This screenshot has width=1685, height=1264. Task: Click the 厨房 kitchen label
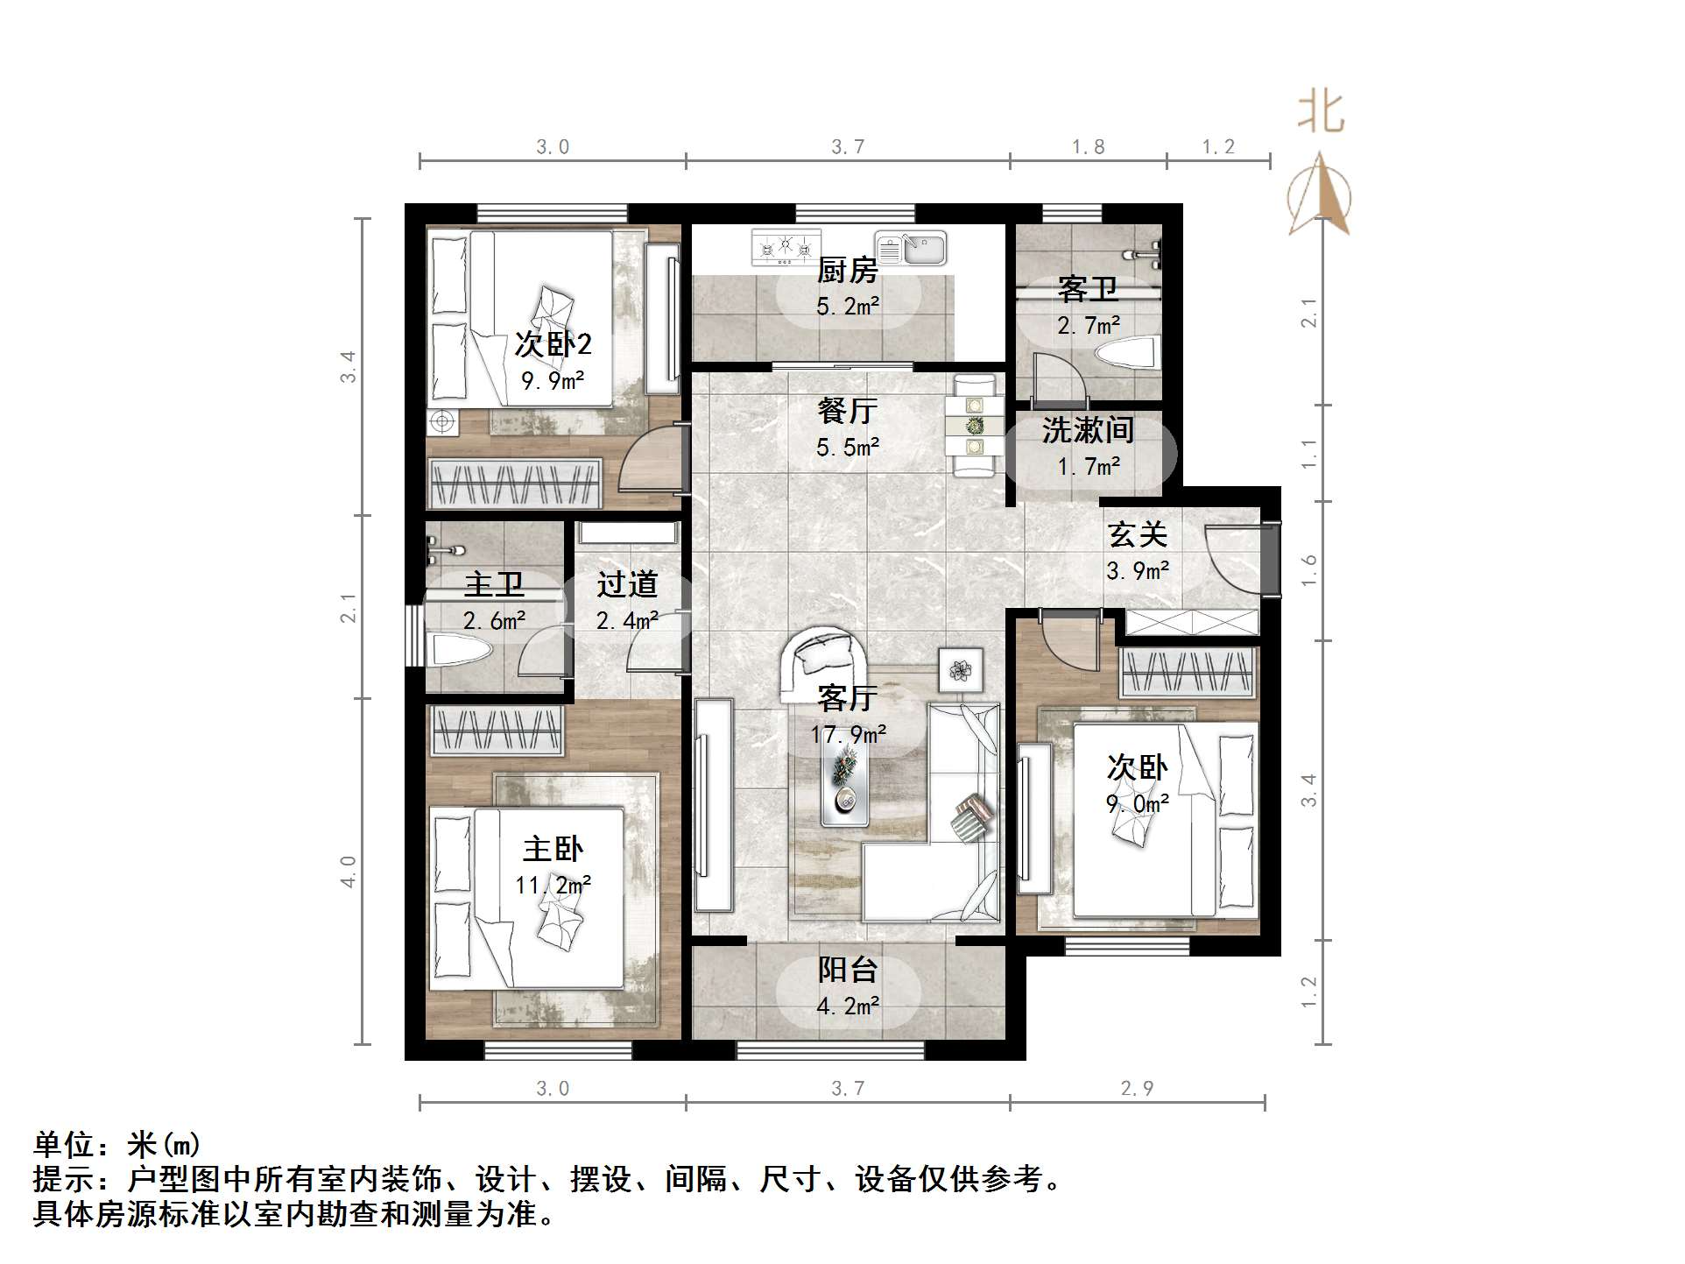click(847, 271)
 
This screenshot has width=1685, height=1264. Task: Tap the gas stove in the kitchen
click(786, 247)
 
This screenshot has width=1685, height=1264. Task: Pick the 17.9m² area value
click(848, 734)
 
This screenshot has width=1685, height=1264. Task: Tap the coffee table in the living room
click(845, 785)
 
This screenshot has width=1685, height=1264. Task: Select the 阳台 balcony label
click(847, 970)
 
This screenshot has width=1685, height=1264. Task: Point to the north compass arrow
click(1320, 194)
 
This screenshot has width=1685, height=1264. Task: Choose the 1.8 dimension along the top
click(1088, 147)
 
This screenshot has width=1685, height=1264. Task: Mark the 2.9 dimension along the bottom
click(1137, 1089)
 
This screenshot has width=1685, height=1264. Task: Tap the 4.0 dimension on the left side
click(349, 872)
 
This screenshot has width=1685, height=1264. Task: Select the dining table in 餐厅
click(974, 426)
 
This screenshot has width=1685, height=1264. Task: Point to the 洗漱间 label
click(1088, 430)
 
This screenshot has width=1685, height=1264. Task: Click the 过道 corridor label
click(627, 584)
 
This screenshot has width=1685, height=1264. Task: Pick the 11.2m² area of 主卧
click(553, 886)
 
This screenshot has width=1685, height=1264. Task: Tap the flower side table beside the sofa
click(961, 671)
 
